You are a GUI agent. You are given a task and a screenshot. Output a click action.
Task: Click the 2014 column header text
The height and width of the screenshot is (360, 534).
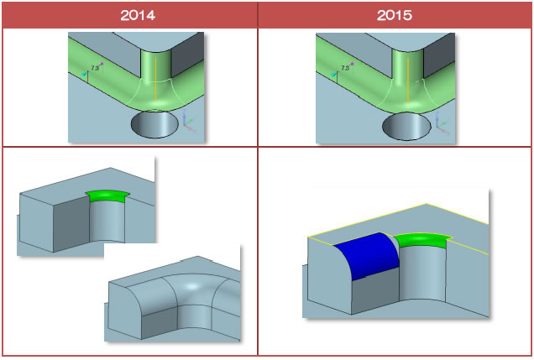[138, 15]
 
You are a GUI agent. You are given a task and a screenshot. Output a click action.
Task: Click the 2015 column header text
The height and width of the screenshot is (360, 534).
[395, 15]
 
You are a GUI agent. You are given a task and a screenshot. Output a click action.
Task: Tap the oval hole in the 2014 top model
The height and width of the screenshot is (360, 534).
[154, 124]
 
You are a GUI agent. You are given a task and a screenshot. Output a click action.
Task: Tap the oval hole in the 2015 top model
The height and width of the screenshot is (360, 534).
[406, 126]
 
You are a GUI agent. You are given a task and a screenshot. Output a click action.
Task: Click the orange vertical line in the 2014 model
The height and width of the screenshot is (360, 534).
[155, 79]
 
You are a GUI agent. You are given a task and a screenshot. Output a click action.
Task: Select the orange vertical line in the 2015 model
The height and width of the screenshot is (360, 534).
[408, 80]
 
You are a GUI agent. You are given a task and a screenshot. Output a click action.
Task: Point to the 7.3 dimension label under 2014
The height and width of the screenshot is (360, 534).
[95, 68]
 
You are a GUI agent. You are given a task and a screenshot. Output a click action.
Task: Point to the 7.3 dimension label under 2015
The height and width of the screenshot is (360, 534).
[344, 68]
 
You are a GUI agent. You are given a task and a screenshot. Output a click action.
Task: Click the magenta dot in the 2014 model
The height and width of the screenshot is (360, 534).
[102, 64]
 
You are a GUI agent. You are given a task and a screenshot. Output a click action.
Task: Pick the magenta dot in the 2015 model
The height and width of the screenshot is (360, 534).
[352, 64]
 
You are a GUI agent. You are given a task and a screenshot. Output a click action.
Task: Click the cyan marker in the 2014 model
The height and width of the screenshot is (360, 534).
[84, 74]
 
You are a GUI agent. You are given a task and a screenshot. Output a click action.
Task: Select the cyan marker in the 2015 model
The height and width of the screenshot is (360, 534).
[334, 74]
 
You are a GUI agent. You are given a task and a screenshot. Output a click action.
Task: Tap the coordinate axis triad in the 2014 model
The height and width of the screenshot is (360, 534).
[189, 122]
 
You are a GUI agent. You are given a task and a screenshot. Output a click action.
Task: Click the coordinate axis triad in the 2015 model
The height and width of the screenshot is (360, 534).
[442, 123]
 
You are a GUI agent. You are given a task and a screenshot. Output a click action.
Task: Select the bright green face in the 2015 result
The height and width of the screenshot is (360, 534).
[422, 241]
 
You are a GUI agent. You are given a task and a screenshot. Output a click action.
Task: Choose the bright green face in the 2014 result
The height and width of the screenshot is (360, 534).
[107, 196]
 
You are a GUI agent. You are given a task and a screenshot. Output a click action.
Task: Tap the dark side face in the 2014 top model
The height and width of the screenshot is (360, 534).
[187, 59]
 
